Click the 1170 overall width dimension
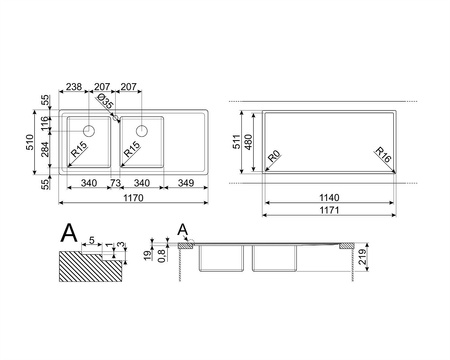(x=133, y=198)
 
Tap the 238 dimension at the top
(x=74, y=87)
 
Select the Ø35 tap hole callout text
(x=105, y=101)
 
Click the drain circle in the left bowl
(x=89, y=131)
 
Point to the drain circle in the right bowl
(x=142, y=131)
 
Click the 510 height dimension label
(x=30, y=142)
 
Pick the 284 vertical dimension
(x=45, y=149)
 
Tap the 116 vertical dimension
(x=45, y=124)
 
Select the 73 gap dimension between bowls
(x=115, y=183)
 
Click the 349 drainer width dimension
(x=186, y=183)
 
